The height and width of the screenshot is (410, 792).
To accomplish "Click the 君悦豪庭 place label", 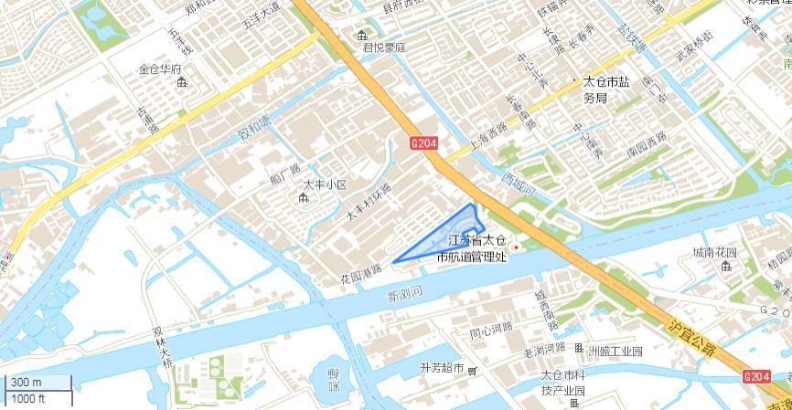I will pyautogui.click(x=383, y=47).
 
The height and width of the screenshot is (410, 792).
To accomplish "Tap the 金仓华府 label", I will pyautogui.click(x=160, y=69).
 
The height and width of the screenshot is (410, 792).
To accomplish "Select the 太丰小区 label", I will pyautogui.click(x=326, y=185).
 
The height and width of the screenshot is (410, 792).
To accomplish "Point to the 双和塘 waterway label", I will pyautogui.click(x=254, y=129).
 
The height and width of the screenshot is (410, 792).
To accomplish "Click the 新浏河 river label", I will pyautogui.click(x=404, y=293).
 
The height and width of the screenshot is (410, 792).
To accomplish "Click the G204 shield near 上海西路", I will pyautogui.click(x=424, y=143).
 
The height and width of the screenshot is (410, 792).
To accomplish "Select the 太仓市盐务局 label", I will pyautogui.click(x=606, y=89).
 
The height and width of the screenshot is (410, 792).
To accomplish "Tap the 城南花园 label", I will pyautogui.click(x=714, y=252).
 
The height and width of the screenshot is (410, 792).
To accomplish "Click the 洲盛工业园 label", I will pyautogui.click(x=615, y=352).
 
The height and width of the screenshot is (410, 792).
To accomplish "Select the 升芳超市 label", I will pyautogui.click(x=442, y=368).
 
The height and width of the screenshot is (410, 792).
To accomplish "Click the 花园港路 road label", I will pyautogui.click(x=360, y=274).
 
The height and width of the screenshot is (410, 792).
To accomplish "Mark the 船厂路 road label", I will pyautogui.click(x=284, y=173).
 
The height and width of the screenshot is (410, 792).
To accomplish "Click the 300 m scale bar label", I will pyautogui.click(x=26, y=383).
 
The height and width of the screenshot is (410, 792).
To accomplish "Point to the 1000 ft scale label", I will pyautogui.click(x=29, y=398).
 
